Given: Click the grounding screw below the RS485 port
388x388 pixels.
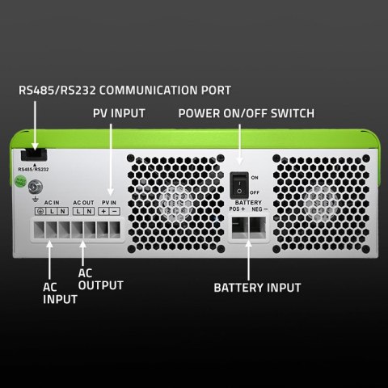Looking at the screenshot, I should coord(36,189).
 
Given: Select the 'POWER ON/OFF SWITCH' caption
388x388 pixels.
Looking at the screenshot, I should coord(246,114).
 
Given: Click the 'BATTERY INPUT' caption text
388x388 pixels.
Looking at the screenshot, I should coord(257,288).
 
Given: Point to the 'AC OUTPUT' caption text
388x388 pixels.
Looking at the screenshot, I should coord(100,279).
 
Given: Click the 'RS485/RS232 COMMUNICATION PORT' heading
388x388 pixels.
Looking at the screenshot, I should coord(124,91).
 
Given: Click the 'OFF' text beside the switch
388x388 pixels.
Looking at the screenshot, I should coord(255,192).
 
